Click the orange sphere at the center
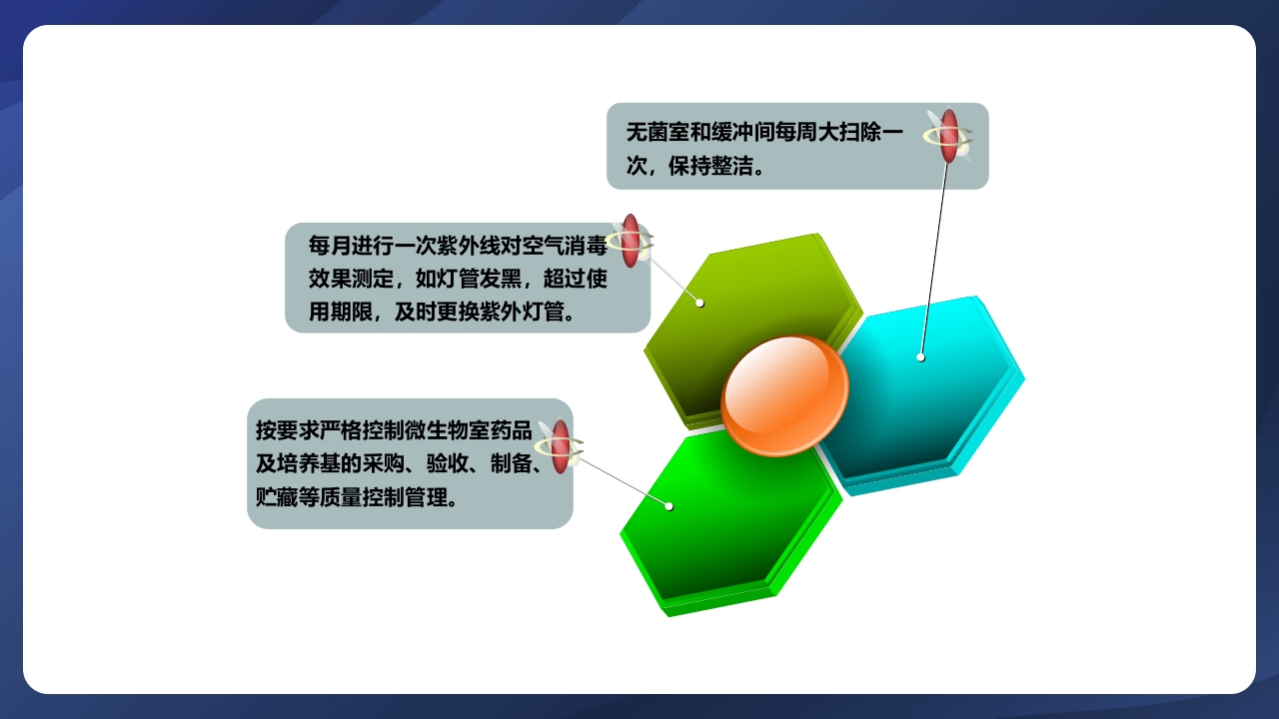(x=784, y=395)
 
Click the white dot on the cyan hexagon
(x=920, y=357)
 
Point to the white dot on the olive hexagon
(x=700, y=303)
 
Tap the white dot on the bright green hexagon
(x=669, y=506)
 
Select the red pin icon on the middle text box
(x=631, y=241)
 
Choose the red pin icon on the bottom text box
(x=561, y=446)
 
